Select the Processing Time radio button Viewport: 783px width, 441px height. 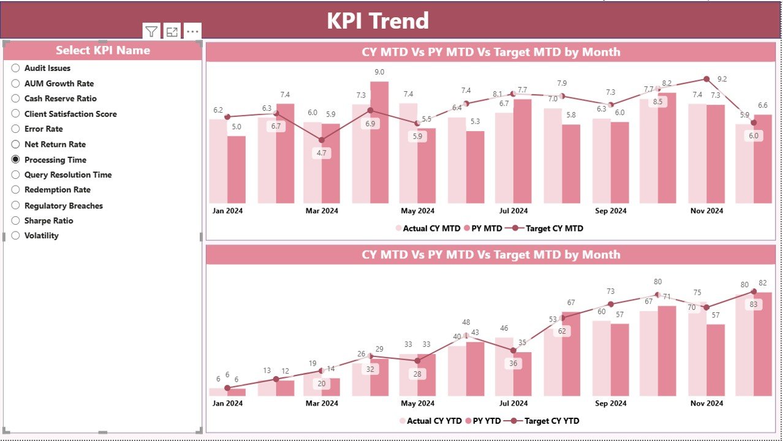pyautogui.click(x=16, y=159)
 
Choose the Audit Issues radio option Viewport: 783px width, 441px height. pyautogui.click(x=16, y=68)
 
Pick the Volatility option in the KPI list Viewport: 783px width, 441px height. pyautogui.click(x=16, y=235)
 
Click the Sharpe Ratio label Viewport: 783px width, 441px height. pyautogui.click(x=48, y=221)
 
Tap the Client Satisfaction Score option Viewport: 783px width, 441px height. pyautogui.click(x=70, y=114)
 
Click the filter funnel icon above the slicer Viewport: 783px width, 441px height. pyautogui.click(x=151, y=32)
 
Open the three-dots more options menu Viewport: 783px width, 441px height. pyautogui.click(x=192, y=32)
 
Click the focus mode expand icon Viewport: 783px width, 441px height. pyautogui.click(x=172, y=32)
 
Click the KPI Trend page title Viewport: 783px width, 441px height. pyautogui.click(x=377, y=21)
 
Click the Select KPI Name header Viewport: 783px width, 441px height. pyautogui.click(x=102, y=50)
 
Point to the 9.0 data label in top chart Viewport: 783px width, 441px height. pyautogui.click(x=379, y=72)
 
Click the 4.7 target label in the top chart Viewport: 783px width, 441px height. pyautogui.click(x=321, y=153)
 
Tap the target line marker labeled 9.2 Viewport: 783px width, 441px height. pyautogui.click(x=706, y=79)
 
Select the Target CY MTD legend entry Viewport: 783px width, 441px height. pyautogui.click(x=548, y=228)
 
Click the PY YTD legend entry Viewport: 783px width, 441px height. pyautogui.click(x=483, y=421)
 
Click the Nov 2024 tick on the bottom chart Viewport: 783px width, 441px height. pyautogui.click(x=706, y=403)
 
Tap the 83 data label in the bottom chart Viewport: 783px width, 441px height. pyautogui.click(x=753, y=304)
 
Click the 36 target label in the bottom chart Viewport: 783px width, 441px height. pyautogui.click(x=513, y=363)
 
